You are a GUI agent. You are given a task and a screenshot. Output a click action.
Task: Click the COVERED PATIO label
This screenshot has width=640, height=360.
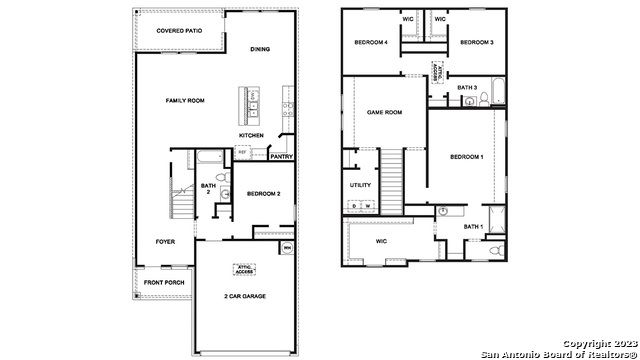179,31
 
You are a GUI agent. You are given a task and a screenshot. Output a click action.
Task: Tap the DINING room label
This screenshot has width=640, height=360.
260,49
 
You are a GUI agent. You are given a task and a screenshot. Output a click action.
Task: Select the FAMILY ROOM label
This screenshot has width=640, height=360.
185,101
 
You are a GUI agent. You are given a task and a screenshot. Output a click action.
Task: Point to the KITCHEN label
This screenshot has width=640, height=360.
251,134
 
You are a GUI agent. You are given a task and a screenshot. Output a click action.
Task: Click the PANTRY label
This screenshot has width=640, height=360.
281,156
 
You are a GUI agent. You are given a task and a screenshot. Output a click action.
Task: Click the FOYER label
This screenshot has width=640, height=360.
165,242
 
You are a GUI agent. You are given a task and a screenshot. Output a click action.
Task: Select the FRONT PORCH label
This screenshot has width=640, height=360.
163,283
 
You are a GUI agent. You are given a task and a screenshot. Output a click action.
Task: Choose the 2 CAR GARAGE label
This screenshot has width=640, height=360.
244,296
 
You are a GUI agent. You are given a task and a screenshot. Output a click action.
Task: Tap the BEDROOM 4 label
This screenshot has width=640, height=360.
371,43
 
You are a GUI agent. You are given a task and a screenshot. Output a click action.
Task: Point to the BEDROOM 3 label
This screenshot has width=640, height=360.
476,43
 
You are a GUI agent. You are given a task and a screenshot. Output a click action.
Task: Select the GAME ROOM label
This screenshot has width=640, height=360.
383,112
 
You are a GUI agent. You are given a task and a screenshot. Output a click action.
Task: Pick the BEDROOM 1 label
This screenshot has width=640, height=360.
466,157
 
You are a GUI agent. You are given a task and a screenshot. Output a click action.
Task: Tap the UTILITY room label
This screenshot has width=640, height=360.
360,185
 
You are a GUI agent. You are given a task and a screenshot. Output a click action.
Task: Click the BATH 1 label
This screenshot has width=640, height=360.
473,227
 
